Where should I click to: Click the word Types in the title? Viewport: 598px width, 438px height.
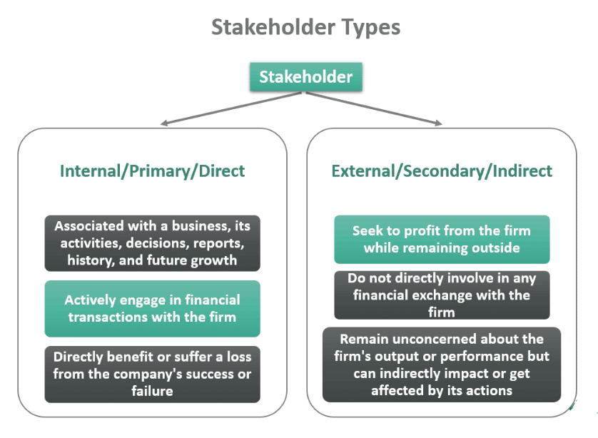pos(370,28)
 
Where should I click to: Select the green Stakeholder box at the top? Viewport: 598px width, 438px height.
pos(306,76)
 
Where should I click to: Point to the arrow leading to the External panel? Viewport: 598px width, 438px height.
pos(374,108)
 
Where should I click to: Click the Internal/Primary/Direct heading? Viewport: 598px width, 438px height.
pos(152,171)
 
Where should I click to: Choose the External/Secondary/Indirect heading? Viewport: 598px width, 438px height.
pos(442,171)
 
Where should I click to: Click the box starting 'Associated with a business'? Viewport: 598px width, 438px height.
pos(152,243)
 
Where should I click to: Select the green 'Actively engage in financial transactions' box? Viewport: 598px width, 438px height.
pos(152,308)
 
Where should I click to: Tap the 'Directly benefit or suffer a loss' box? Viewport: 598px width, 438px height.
pos(152,374)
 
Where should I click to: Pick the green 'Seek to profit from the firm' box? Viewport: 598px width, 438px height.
pos(442,240)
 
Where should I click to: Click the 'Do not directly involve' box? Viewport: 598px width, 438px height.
pos(442,295)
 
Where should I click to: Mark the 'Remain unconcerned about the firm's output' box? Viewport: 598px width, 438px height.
pos(442,365)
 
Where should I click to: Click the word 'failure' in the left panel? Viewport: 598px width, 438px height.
pos(152,391)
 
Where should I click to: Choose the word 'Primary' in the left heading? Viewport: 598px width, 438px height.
pos(159,171)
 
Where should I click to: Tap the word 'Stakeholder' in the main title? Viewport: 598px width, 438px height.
pos(273,27)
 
